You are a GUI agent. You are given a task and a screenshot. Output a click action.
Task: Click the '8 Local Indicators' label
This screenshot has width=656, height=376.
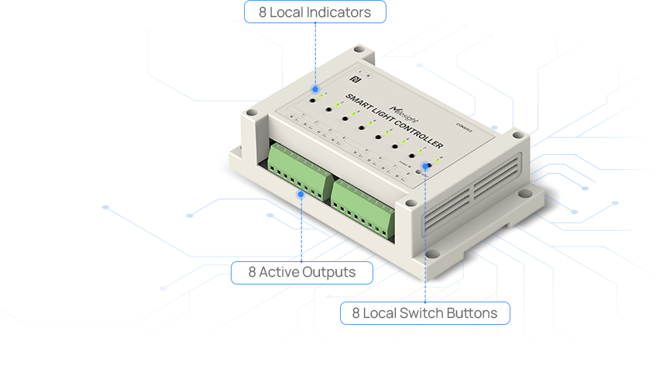pyautogui.click(x=314, y=12)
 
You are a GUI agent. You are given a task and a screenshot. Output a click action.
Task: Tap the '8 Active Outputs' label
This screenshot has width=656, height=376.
pyautogui.click(x=302, y=272)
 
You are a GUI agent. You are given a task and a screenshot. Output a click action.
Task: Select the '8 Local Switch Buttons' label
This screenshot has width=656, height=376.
pyautogui.click(x=424, y=313)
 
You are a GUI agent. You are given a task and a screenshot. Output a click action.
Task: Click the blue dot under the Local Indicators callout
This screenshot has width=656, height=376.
pyautogui.click(x=314, y=89)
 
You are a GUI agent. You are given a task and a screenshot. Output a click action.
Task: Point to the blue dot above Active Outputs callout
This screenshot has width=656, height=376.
pyautogui.click(x=301, y=194)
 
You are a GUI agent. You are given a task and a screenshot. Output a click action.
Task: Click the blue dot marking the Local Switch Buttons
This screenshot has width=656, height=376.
pyautogui.click(x=425, y=165)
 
